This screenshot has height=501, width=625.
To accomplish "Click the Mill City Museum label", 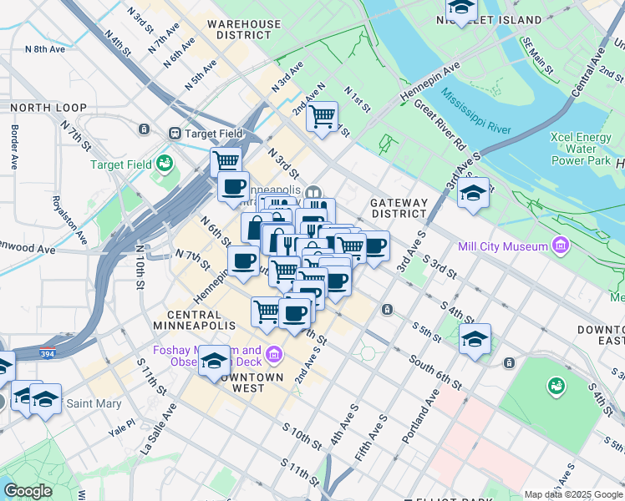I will pyautogui.click(x=503, y=246).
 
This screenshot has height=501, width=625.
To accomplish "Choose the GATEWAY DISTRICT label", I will pyautogui.click(x=399, y=208).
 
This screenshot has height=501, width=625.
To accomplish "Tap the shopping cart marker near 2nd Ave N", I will pyautogui.click(x=322, y=116).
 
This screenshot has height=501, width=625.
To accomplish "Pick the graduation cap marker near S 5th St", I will pyautogui.click(x=475, y=338).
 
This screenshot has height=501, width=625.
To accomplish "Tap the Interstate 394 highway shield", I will pyautogui.click(x=47, y=353).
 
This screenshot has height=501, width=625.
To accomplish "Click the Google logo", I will pyautogui.click(x=27, y=491).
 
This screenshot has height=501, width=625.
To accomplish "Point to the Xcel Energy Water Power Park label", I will pyautogui.click(x=582, y=148).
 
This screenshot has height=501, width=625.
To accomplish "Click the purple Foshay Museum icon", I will pyautogui.click(x=273, y=357).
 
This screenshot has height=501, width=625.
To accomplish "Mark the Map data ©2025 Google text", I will pyautogui.click(x=573, y=494).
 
